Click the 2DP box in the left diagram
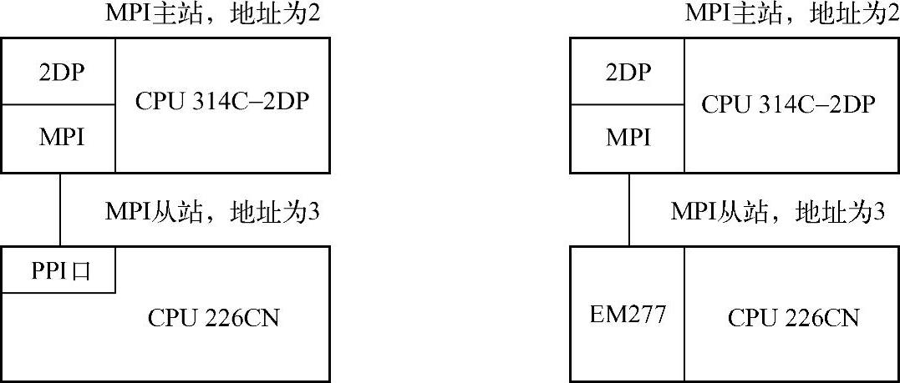61,73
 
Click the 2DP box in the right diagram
628,73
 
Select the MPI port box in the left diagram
61,138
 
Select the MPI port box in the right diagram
628,138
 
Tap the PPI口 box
61,270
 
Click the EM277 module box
628,315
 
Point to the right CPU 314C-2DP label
788,103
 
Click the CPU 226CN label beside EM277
793,319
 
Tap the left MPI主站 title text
213,14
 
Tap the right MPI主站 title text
786,14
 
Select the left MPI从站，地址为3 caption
213,212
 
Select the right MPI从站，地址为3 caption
777,212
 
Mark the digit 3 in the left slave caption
314,212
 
